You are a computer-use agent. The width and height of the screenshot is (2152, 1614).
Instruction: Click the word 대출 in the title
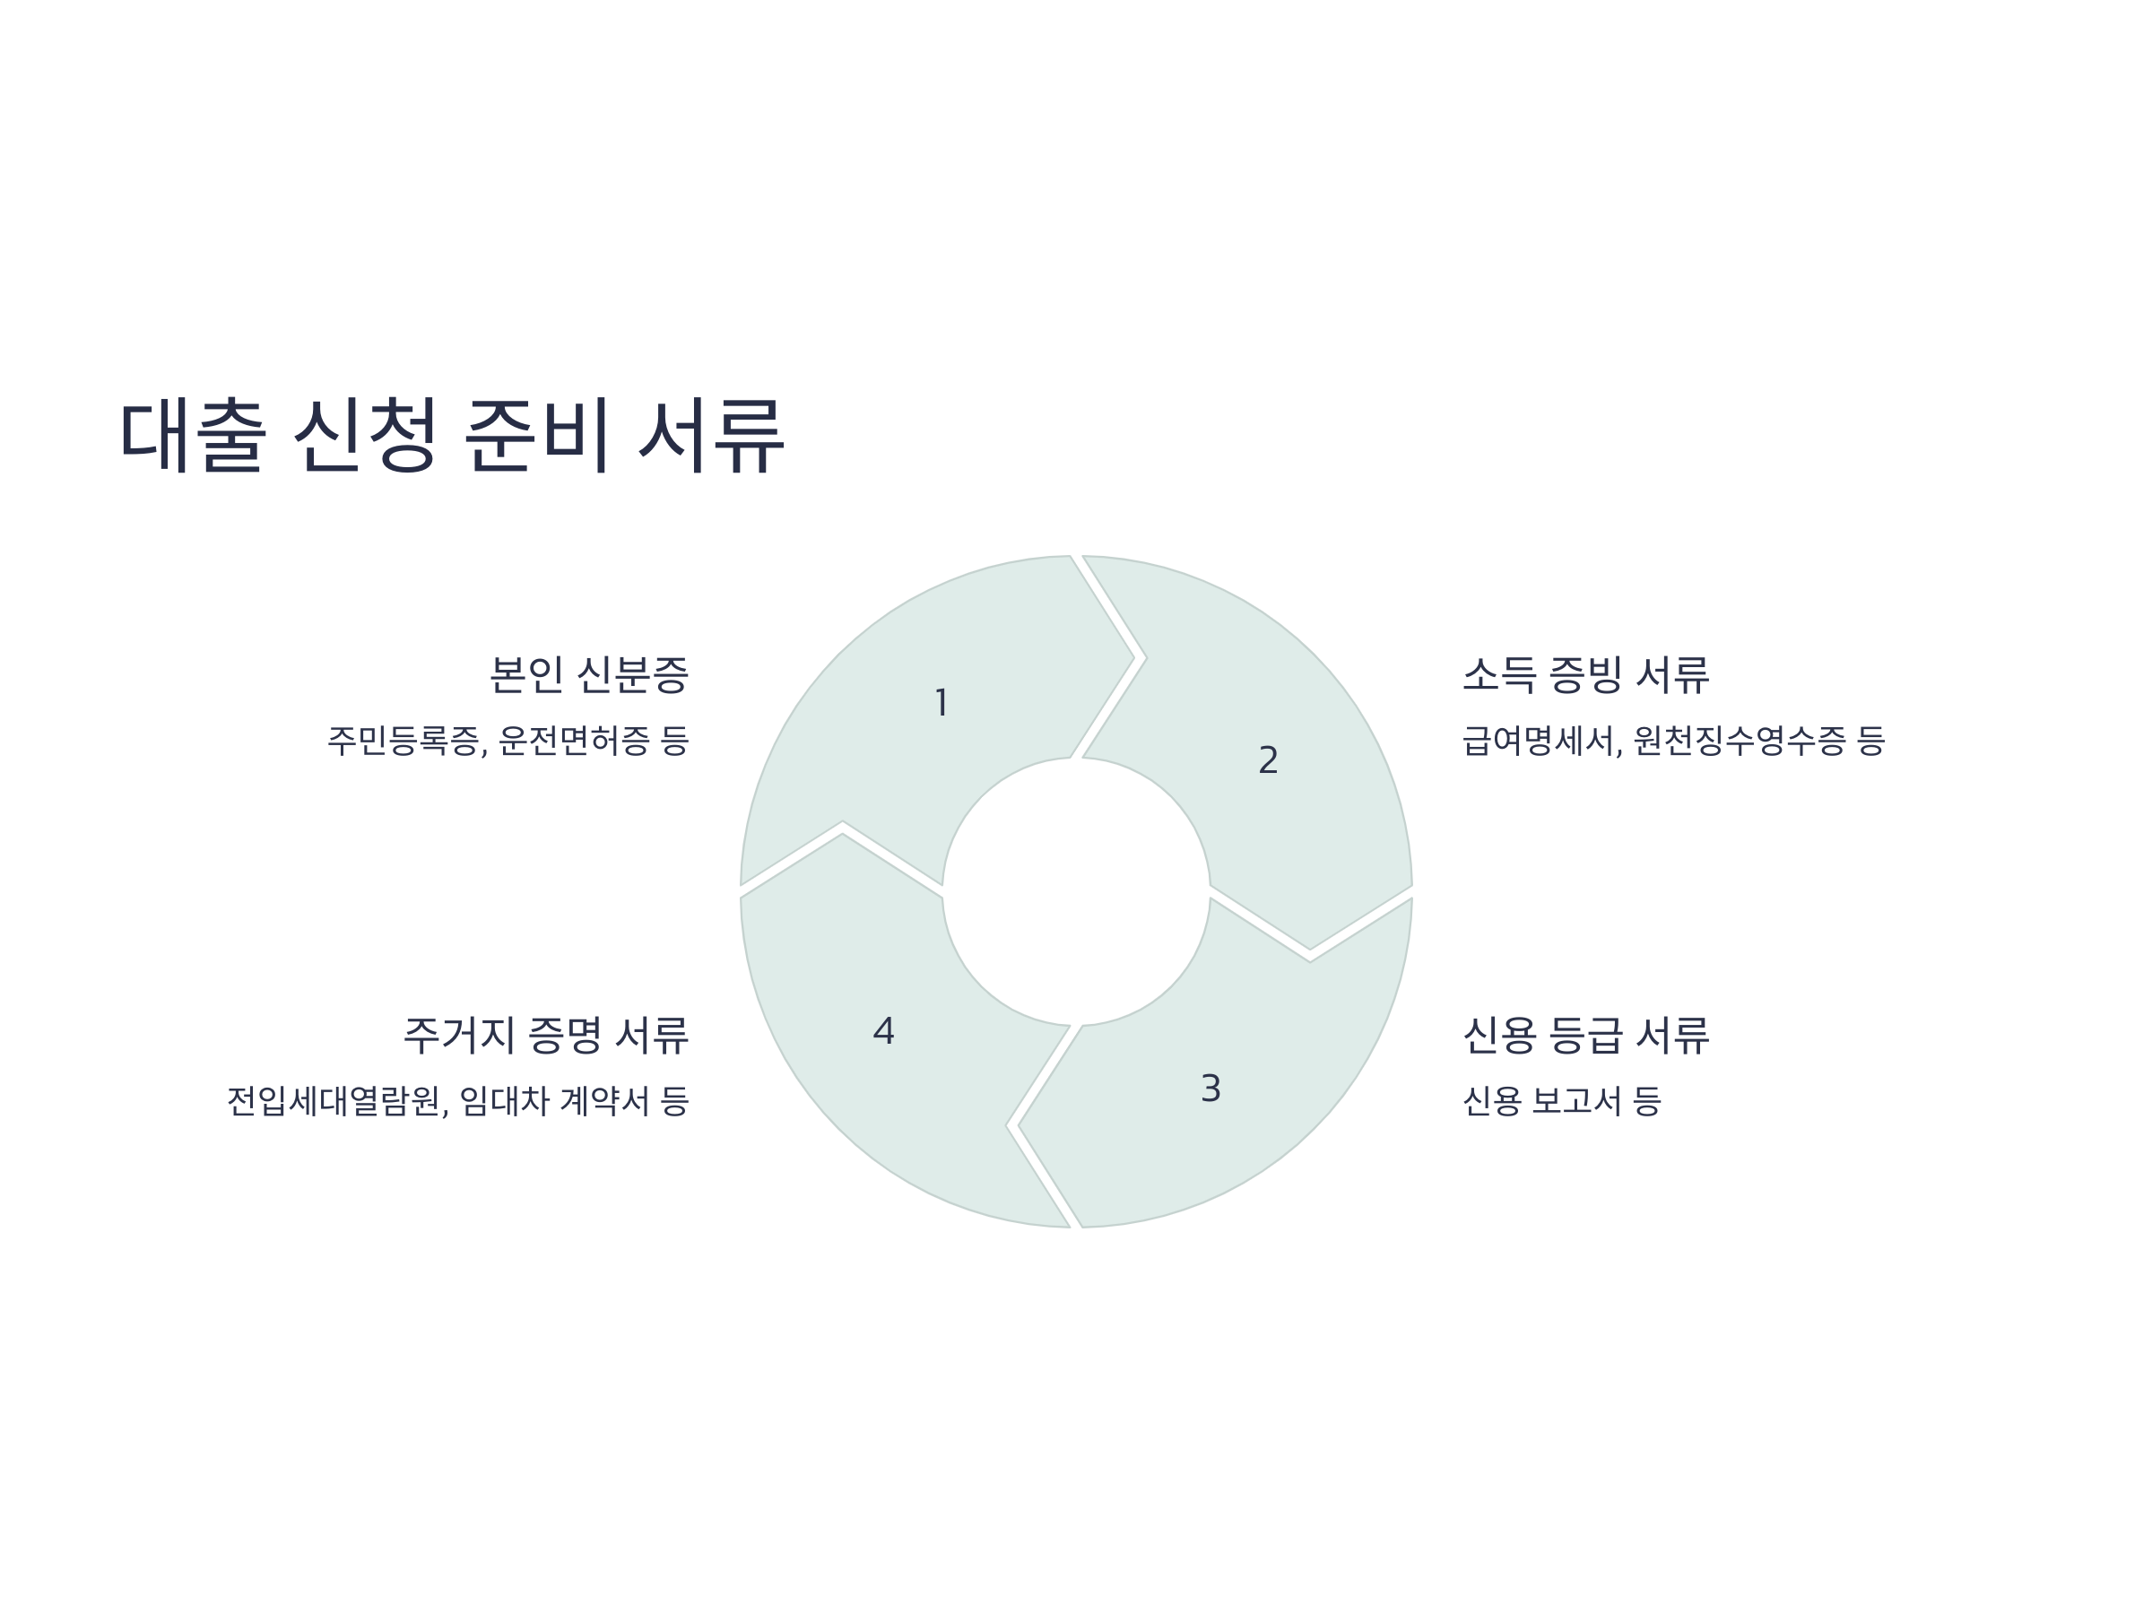tap(193, 435)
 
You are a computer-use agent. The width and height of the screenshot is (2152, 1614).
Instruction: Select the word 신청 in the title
tap(365, 435)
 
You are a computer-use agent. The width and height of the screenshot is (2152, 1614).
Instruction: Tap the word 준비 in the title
tap(537, 435)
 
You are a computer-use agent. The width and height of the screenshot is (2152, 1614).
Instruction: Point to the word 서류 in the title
tap(710, 435)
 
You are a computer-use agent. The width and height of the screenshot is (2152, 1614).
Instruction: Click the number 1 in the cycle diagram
tap(941, 702)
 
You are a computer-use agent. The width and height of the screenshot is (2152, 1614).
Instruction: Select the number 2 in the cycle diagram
tap(1268, 759)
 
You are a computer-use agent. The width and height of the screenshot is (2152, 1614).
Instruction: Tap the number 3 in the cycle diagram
tap(1210, 1089)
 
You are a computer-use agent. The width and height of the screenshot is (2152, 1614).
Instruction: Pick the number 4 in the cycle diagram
tap(883, 1031)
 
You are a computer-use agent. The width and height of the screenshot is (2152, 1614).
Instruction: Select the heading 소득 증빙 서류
tap(1586, 675)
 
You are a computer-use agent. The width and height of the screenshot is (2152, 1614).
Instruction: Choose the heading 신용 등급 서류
tap(1586, 1035)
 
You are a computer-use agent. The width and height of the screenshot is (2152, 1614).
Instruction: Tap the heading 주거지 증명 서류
tap(546, 1035)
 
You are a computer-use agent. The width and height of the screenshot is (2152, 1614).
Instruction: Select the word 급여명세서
tap(1541, 742)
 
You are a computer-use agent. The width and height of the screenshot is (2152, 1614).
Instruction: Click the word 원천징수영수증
tap(1739, 742)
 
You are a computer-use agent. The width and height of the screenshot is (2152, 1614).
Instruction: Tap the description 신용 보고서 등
tap(1561, 1101)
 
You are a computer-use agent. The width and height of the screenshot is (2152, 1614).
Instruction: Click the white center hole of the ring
tap(1076, 891)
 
